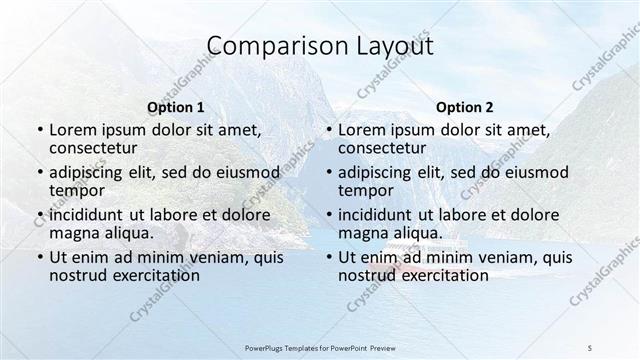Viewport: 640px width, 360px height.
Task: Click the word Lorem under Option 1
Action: point(72,130)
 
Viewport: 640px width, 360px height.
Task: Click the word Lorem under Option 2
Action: point(362,130)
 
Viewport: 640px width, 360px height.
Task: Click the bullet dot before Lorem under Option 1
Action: point(38,131)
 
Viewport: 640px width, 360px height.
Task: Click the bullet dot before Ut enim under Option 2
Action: point(328,257)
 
